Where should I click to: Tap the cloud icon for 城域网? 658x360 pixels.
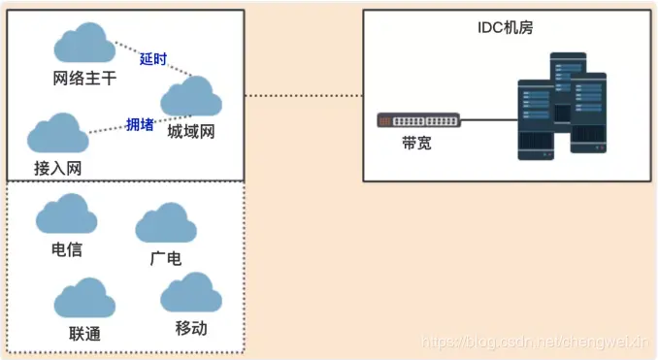[190, 96]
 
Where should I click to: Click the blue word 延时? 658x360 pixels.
[153, 59]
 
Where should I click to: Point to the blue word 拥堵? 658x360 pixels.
[140, 123]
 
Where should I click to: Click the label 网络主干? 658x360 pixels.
[85, 78]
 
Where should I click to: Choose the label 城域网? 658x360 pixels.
[190, 130]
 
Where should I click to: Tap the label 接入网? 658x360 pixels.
[57, 167]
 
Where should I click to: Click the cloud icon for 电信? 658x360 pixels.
[66, 215]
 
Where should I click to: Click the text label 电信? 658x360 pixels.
[67, 249]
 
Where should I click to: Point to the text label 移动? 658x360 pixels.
[191, 327]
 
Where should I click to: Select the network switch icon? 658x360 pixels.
[418, 121]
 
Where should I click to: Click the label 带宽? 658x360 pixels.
[416, 143]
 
